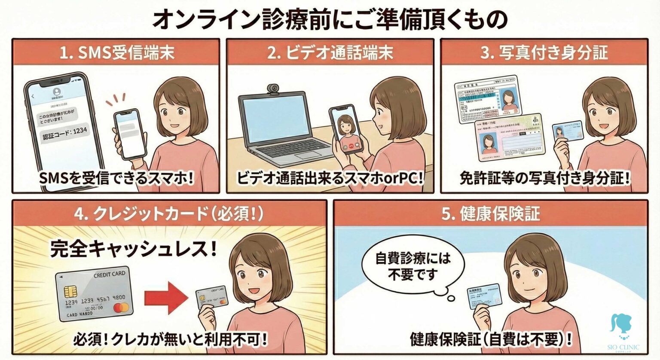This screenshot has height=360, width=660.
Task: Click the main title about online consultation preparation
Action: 330,19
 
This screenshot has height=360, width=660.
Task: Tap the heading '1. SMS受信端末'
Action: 116,53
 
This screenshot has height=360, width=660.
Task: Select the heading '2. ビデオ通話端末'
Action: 330,53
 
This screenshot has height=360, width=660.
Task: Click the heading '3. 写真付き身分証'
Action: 544,53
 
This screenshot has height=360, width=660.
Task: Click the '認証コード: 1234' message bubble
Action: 65,131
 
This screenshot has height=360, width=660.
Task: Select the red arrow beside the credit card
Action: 165,297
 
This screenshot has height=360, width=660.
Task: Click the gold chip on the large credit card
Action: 70,292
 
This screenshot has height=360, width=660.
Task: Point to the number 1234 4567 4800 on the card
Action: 95,299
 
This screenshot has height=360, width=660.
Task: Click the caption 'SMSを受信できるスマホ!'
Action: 116,178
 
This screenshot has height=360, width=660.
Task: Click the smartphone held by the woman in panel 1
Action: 128,133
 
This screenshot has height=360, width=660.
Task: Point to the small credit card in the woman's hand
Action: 212,297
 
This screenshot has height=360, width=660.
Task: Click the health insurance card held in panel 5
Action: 485,296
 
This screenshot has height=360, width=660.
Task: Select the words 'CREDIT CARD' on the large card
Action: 109,274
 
